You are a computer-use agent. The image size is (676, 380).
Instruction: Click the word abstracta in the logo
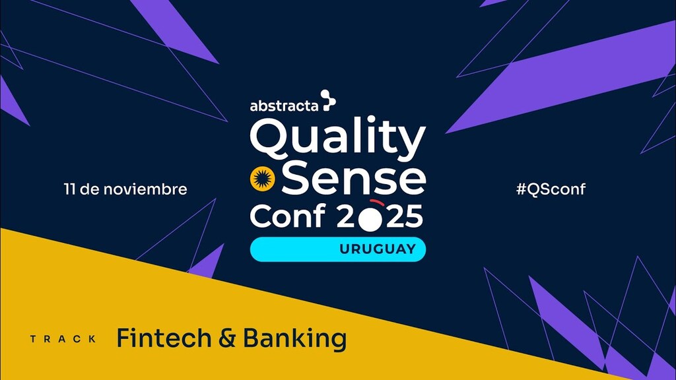(284, 105)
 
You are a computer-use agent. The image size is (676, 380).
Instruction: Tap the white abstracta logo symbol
(328, 101)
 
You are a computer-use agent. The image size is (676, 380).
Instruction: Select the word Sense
(357, 179)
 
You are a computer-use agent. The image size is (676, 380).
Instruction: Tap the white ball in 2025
(370, 219)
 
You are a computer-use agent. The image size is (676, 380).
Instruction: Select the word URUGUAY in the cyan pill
(377, 249)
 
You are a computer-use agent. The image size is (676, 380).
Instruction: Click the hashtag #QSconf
(551, 189)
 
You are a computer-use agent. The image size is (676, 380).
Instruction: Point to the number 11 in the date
(69, 189)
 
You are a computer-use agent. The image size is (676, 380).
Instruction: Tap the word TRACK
(63, 339)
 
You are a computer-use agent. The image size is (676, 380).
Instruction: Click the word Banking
(294, 339)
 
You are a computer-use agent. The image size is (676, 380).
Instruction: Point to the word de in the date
(96, 189)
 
